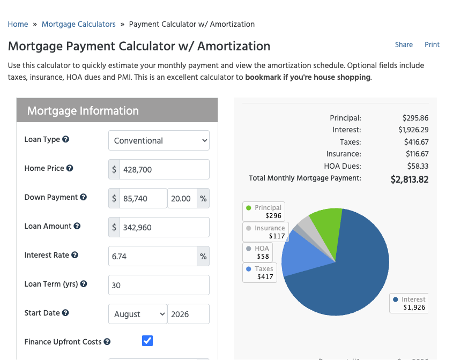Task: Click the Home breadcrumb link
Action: click(x=18, y=24)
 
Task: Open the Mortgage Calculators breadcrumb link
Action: click(x=79, y=24)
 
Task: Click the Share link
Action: click(x=404, y=45)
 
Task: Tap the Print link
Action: click(x=432, y=45)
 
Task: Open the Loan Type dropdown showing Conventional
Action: click(x=159, y=140)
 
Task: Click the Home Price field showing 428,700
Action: click(x=165, y=169)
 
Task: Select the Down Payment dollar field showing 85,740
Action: click(x=143, y=198)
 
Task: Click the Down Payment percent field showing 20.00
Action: click(x=182, y=198)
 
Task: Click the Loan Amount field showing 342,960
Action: click(x=165, y=227)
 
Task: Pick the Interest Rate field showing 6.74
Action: click(x=153, y=256)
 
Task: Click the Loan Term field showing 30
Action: click(x=159, y=285)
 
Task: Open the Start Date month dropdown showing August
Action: click(x=138, y=314)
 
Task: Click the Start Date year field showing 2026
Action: click(x=188, y=314)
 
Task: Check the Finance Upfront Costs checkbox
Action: click(x=147, y=341)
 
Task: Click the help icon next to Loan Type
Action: click(x=66, y=139)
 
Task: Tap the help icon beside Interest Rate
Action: click(x=75, y=255)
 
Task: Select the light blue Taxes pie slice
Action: click(x=302, y=257)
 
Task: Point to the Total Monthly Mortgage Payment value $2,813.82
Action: click(x=410, y=179)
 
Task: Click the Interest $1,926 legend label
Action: click(x=409, y=303)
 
